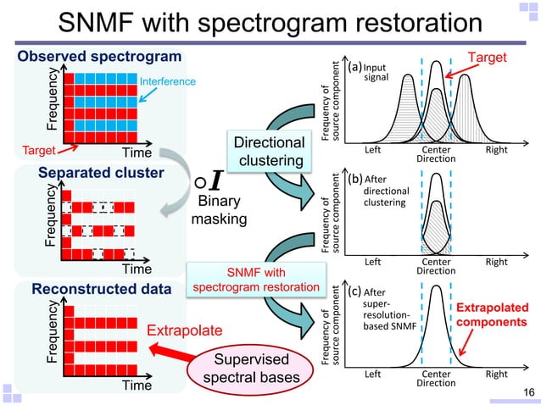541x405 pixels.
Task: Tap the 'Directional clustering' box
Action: (x=268, y=152)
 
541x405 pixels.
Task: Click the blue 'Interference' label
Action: (x=167, y=81)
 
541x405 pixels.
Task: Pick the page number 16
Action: (x=527, y=391)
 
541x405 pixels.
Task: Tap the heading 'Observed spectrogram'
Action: (x=100, y=57)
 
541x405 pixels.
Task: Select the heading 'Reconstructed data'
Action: (x=100, y=289)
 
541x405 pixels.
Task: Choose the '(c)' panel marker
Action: (x=354, y=292)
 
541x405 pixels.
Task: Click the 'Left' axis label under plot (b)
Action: (x=374, y=263)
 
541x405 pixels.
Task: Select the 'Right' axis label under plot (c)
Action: (x=496, y=374)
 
